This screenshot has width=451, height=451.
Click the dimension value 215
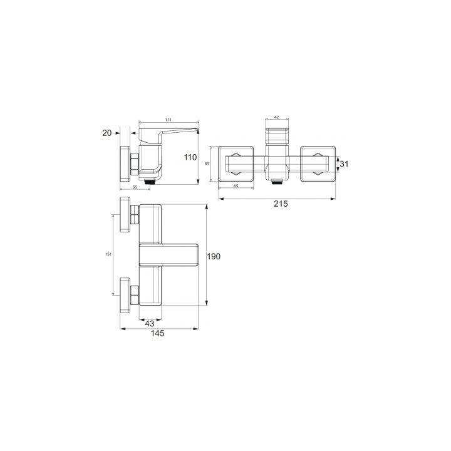[x=281, y=204]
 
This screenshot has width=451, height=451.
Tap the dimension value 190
[x=214, y=256]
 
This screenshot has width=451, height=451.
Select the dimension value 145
[x=158, y=333]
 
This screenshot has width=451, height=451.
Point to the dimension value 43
[x=150, y=324]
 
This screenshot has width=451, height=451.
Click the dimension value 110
[x=190, y=157]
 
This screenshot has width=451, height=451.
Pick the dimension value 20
[x=107, y=133]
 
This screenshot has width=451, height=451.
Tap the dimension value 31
[x=344, y=164]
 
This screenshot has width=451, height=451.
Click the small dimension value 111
[x=168, y=120]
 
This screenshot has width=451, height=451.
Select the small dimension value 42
[x=276, y=117]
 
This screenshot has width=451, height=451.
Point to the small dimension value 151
[x=108, y=254]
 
